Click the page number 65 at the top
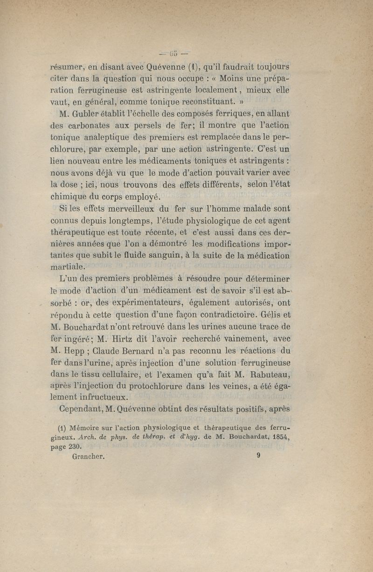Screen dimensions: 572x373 coord(172,52)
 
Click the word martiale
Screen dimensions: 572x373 coord(68,267)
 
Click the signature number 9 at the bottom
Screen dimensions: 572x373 coord(257,457)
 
